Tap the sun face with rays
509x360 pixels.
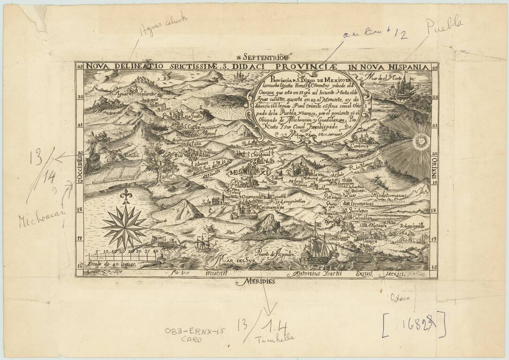tap(421, 141)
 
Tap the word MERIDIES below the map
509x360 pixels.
tap(257, 282)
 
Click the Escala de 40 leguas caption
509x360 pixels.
tap(114, 265)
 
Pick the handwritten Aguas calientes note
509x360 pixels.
tap(164, 25)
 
